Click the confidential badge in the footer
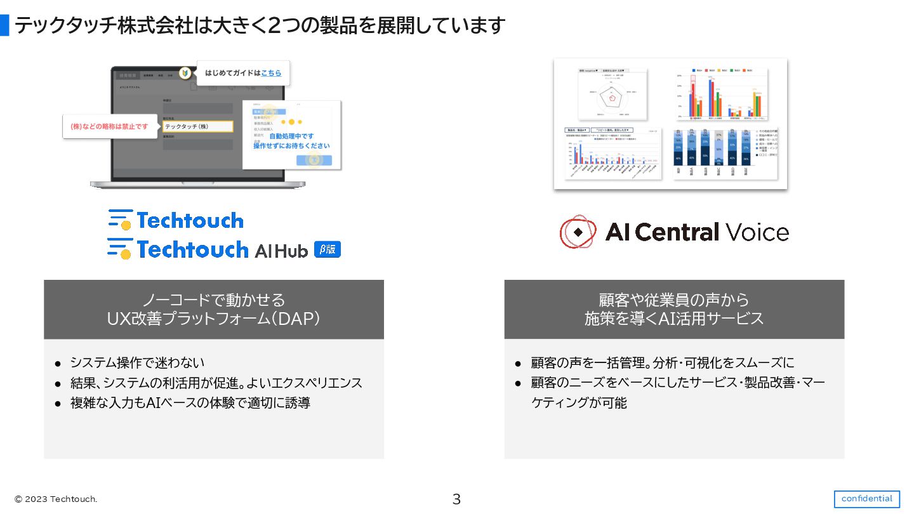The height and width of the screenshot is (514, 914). point(866,499)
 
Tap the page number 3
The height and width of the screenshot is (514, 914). point(456,499)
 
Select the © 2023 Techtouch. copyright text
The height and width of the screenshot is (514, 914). point(56,499)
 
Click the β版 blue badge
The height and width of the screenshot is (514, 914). point(328,249)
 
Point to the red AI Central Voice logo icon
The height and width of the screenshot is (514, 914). point(578,232)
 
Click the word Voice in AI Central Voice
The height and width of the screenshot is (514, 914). point(757,232)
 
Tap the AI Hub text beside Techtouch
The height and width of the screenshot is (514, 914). point(281,251)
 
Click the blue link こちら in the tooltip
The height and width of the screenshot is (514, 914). point(271,73)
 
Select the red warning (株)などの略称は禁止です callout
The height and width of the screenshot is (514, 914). point(109,126)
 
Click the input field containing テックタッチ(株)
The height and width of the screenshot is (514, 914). point(197,126)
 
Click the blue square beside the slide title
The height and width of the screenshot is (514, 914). point(4,25)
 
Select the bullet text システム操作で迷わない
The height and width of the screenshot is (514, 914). point(137,363)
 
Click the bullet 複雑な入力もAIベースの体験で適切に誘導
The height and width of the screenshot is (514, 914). point(190,403)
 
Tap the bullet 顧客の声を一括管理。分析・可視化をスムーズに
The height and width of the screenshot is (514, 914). point(663,363)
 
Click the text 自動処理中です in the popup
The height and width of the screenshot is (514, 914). point(291,136)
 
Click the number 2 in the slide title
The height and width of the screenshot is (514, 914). point(275,26)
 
